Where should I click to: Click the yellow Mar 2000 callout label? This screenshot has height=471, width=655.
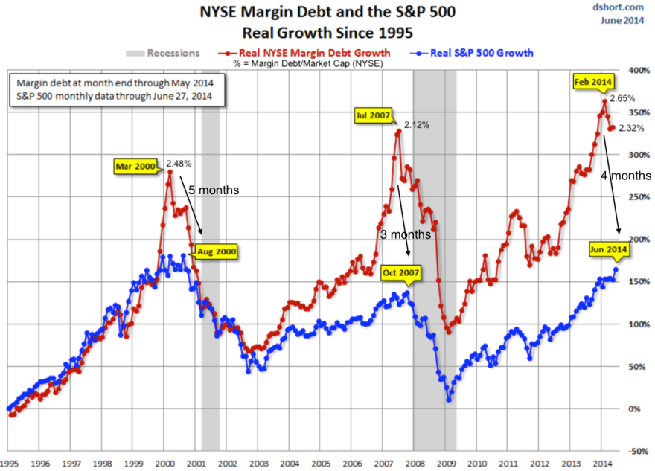(135, 166)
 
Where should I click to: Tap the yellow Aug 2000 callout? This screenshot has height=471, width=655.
(217, 252)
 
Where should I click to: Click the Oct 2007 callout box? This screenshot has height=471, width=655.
(400, 273)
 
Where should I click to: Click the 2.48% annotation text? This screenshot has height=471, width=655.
(179, 163)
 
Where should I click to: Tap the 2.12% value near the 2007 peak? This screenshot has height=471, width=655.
(418, 125)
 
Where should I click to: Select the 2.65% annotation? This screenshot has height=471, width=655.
(622, 98)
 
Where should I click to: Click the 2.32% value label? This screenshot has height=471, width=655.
(632, 128)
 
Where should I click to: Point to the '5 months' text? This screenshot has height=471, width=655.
(213, 190)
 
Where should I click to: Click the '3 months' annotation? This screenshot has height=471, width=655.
(405, 234)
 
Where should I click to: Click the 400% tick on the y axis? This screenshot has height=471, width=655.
(637, 69)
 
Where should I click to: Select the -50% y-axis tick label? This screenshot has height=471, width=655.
(637, 450)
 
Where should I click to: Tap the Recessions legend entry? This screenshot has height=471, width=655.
(163, 53)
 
